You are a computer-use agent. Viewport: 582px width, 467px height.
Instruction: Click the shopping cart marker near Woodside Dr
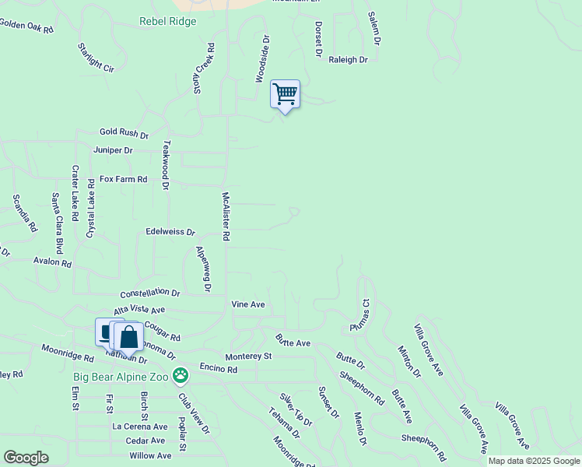[286, 95]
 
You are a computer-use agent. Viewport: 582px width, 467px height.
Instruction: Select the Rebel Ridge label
[168, 22]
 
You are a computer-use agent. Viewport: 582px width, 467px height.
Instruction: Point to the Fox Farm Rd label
[123, 179]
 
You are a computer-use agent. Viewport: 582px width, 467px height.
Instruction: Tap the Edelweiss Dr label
[170, 232]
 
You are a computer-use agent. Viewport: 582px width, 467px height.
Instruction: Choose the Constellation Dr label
[150, 294]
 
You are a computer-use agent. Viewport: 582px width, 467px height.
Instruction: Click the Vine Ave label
[248, 304]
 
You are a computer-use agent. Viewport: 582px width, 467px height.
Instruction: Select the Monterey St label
[248, 356]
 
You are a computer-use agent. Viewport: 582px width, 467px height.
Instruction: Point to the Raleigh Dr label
[348, 59]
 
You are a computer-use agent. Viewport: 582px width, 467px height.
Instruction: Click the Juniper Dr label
[113, 150]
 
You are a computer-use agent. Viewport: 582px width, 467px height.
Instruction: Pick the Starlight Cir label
[96, 58]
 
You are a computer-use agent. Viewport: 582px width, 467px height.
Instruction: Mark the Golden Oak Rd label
[26, 26]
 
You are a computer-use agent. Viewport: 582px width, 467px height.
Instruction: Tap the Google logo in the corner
[26, 458]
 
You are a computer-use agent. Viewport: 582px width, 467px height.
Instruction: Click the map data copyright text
[535, 461]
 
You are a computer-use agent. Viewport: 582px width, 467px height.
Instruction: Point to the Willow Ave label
[151, 455]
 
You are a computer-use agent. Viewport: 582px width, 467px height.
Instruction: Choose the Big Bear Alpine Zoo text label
[121, 377]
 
